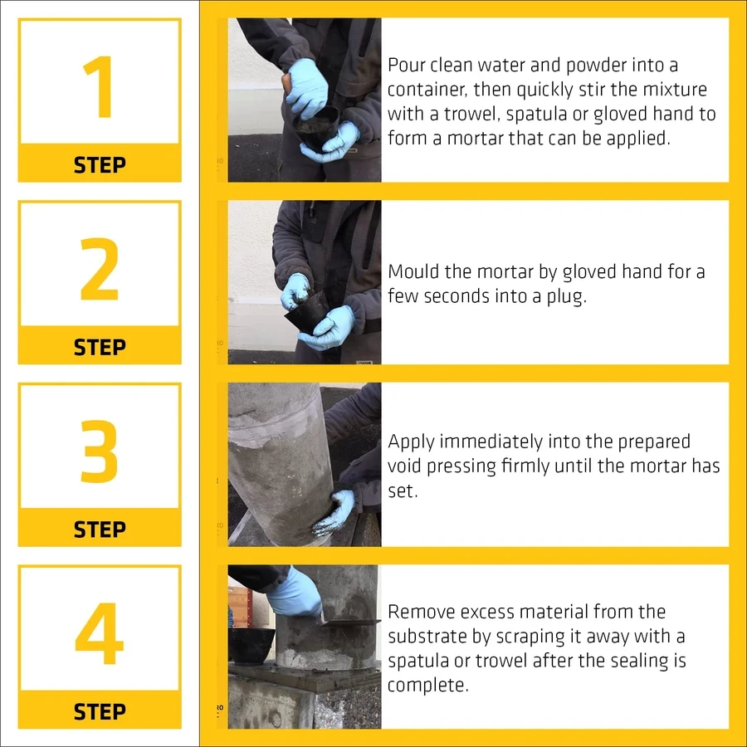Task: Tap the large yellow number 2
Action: click(x=99, y=269)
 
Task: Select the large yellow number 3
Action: click(x=99, y=452)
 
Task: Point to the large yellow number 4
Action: click(x=99, y=633)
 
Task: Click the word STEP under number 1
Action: click(x=100, y=165)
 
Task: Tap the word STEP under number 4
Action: click(x=100, y=712)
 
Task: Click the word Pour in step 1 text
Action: click(x=406, y=66)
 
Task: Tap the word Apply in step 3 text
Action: click(x=411, y=442)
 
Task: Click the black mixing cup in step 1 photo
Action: click(x=316, y=129)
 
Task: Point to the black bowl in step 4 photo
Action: click(x=251, y=645)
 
